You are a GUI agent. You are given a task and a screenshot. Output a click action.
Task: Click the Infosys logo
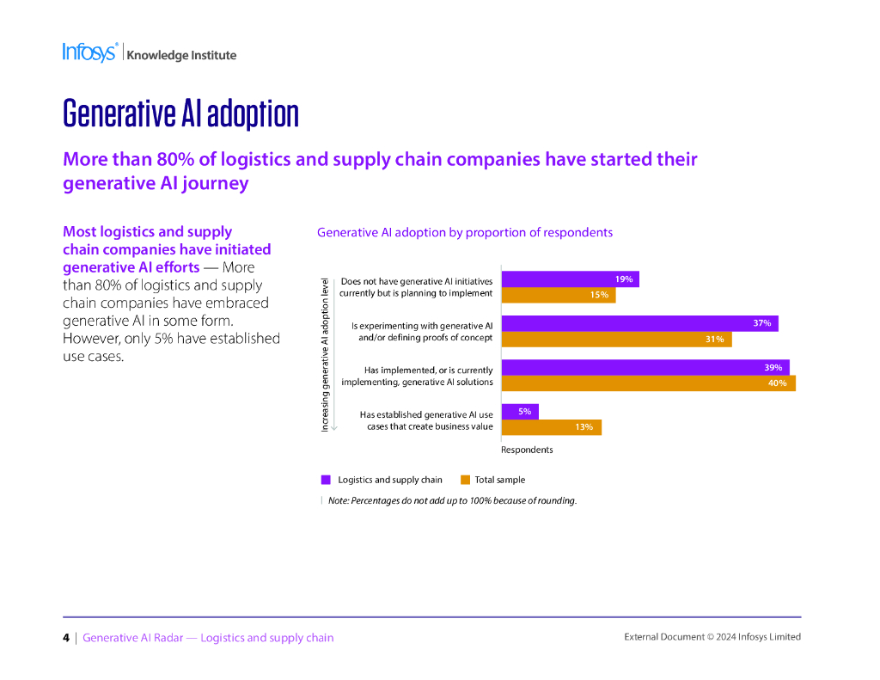click(89, 52)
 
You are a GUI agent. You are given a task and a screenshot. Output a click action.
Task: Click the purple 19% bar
click(570, 279)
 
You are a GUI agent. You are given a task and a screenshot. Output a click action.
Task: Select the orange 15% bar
click(558, 295)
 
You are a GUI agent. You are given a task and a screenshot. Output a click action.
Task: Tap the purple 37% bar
click(639, 323)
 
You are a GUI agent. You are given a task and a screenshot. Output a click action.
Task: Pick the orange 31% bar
click(616, 339)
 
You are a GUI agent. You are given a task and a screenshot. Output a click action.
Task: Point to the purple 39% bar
click(645, 367)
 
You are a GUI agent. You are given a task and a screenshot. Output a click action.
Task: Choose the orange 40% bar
click(648, 383)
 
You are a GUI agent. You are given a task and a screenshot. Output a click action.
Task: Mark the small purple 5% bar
click(520, 412)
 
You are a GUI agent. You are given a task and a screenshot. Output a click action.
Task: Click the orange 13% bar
click(551, 426)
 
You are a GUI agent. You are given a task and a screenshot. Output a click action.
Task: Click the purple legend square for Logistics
click(326, 480)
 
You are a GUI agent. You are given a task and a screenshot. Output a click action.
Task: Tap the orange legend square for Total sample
click(465, 480)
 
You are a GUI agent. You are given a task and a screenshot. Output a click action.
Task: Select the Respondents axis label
click(527, 450)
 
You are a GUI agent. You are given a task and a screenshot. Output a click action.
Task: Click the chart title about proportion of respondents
click(464, 232)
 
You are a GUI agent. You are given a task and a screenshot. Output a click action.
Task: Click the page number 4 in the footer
click(66, 638)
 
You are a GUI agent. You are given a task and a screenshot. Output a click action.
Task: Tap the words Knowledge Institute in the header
click(181, 55)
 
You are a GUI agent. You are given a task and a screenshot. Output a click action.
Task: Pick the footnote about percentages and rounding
click(452, 500)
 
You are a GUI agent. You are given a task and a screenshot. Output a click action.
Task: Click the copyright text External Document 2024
click(712, 637)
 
